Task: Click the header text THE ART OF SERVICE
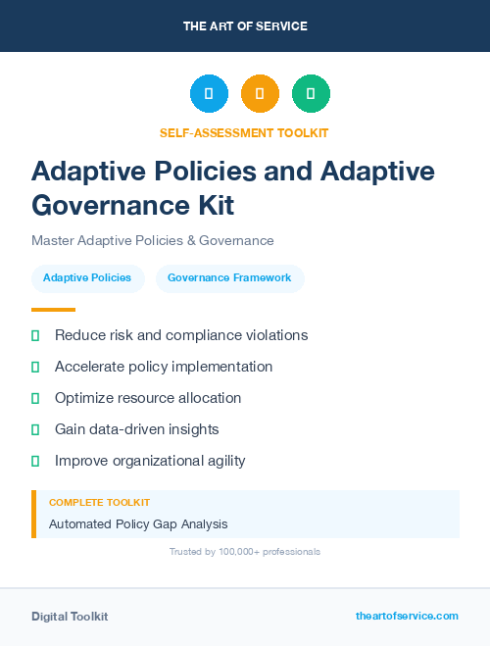245,26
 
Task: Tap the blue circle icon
209,94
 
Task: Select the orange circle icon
260,94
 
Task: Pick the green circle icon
311,94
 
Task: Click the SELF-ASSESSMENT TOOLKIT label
244,132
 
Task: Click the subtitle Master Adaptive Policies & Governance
152,240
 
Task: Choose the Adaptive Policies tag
87,278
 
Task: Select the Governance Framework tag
229,278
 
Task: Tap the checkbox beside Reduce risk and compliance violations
35,335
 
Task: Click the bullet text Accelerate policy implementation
164,367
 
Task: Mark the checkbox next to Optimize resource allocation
35,398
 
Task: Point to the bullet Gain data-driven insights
136,429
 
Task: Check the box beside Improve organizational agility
35,461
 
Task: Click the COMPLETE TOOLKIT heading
99,503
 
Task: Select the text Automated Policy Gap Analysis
138,524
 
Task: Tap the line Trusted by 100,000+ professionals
245,552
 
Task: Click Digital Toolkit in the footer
70,617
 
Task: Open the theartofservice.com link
407,616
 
